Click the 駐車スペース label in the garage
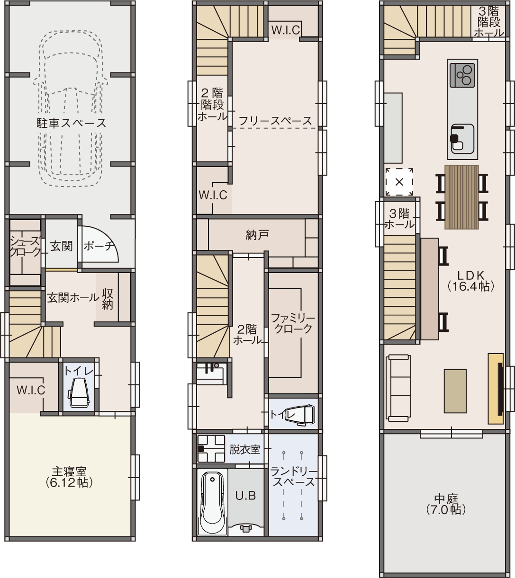(72, 123)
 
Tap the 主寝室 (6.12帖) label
(69, 477)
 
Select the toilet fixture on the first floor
(79, 392)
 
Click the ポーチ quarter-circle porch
(99, 244)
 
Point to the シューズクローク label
(25, 247)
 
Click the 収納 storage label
(108, 299)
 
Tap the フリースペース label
(275, 121)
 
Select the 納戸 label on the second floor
(257, 235)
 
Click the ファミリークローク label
(293, 323)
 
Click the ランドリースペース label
(294, 476)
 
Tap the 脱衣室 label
(245, 450)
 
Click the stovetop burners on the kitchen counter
(462, 75)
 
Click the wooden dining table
(461, 197)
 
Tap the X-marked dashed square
(399, 182)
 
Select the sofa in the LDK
(398, 388)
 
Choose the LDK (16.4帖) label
(470, 281)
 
